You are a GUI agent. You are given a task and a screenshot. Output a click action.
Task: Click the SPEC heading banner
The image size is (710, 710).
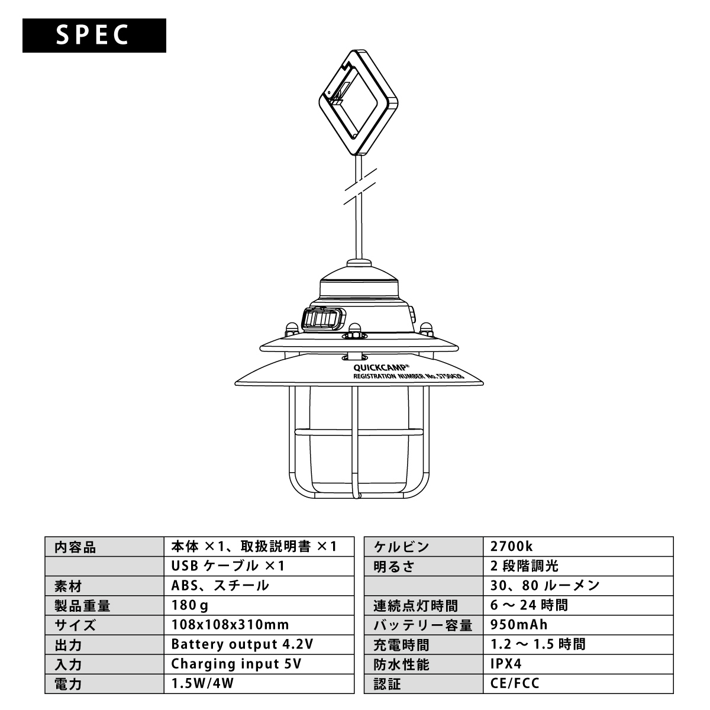point(94,35)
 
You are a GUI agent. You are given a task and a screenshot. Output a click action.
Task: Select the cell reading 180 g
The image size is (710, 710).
point(190,605)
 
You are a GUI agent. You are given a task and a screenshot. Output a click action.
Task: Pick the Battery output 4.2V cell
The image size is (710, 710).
point(242,644)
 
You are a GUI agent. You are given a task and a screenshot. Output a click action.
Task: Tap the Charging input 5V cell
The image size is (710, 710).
point(237,664)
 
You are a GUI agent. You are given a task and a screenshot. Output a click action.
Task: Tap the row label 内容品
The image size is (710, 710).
point(75,547)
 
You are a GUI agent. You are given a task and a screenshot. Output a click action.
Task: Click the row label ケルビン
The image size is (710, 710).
point(401,547)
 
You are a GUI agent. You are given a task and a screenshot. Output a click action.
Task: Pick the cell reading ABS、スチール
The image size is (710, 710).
point(220,586)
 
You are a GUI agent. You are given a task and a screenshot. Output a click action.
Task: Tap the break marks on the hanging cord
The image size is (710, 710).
point(358,188)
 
